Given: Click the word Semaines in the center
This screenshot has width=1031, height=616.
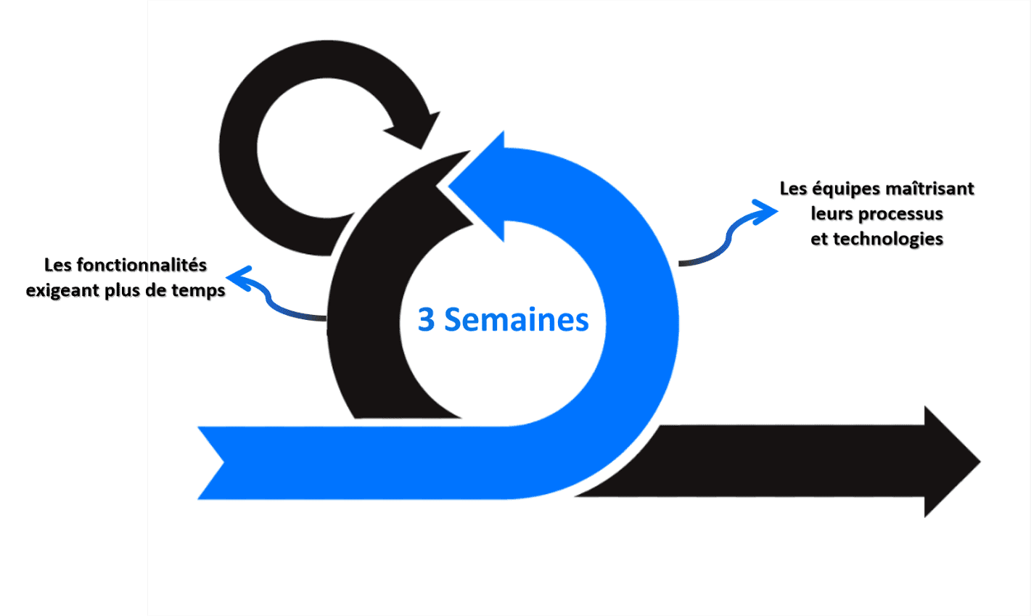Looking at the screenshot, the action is pos(517,319).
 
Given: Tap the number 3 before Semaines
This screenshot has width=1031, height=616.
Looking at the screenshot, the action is pos(426,319).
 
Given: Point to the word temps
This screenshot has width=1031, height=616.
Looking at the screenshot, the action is pos(198,290).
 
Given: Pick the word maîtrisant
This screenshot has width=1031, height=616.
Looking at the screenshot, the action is pos(929,189).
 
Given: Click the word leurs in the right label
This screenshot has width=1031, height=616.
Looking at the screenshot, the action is pos(832,213).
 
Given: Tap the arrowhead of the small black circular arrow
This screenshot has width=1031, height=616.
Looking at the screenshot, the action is pos(414,130).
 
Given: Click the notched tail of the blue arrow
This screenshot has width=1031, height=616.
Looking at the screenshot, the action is pos(212,463).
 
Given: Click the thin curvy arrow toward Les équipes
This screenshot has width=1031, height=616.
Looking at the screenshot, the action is pos(729,235).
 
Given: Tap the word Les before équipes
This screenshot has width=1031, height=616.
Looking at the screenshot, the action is pos(794,189).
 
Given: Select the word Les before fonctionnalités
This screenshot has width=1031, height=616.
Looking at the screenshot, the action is pos(58,265).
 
